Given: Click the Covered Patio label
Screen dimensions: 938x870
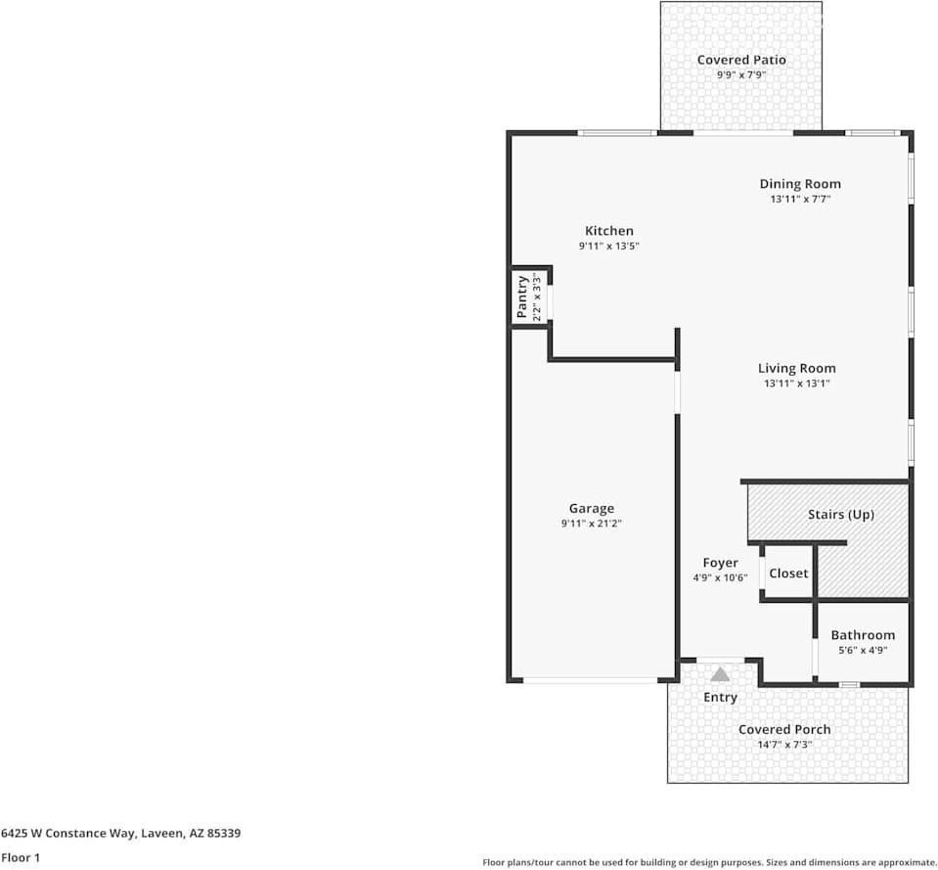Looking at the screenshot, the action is coord(741,60).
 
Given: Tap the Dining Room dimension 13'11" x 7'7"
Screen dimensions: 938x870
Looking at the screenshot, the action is coord(800,200).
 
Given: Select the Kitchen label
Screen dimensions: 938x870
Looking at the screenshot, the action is coord(609,231).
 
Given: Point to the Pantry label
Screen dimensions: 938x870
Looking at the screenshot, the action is coord(521,297).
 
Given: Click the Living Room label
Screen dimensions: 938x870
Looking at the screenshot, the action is coord(797,369).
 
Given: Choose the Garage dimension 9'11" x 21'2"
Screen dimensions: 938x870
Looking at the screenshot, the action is coord(592,524).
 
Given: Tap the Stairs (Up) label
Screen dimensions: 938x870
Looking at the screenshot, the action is coord(841,515).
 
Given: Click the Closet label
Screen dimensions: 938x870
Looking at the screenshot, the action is coord(788,573).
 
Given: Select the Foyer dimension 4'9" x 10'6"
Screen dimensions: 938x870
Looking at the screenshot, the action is coord(720,578).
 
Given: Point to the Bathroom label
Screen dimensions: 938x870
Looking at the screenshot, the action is coord(863,635).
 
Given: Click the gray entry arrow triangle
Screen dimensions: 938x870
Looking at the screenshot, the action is coord(720,675).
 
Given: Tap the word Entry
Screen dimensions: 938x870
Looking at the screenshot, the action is coord(720,698).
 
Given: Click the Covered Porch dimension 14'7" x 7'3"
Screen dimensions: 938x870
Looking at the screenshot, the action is coord(784,745).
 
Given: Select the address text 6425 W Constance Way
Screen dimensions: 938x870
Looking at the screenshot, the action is coord(68,834).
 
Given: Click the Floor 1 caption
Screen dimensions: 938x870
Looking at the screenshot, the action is coord(21,857).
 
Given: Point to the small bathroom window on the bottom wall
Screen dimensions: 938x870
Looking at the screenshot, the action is coord(849,684).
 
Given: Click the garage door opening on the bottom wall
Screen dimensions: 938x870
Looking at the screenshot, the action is coord(591,680).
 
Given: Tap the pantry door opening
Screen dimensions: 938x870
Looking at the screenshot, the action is coord(550,302).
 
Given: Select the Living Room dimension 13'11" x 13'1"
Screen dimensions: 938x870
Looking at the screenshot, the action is coord(797,384).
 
